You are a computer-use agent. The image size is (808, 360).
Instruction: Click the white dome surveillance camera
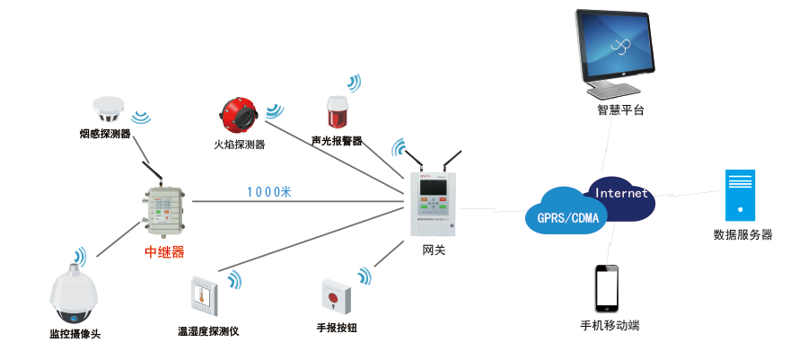point(75,294)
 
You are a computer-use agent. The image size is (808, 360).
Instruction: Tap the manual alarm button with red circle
point(336,295)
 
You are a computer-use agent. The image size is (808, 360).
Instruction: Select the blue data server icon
point(741,195)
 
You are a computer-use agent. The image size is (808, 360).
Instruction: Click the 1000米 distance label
point(269,191)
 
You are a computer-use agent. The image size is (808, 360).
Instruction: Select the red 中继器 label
point(164,252)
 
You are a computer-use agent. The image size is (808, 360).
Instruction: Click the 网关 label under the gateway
point(434,250)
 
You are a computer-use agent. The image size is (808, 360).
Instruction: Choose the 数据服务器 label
point(742,235)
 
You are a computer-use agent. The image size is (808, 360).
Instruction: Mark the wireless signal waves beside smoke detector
point(141,116)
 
